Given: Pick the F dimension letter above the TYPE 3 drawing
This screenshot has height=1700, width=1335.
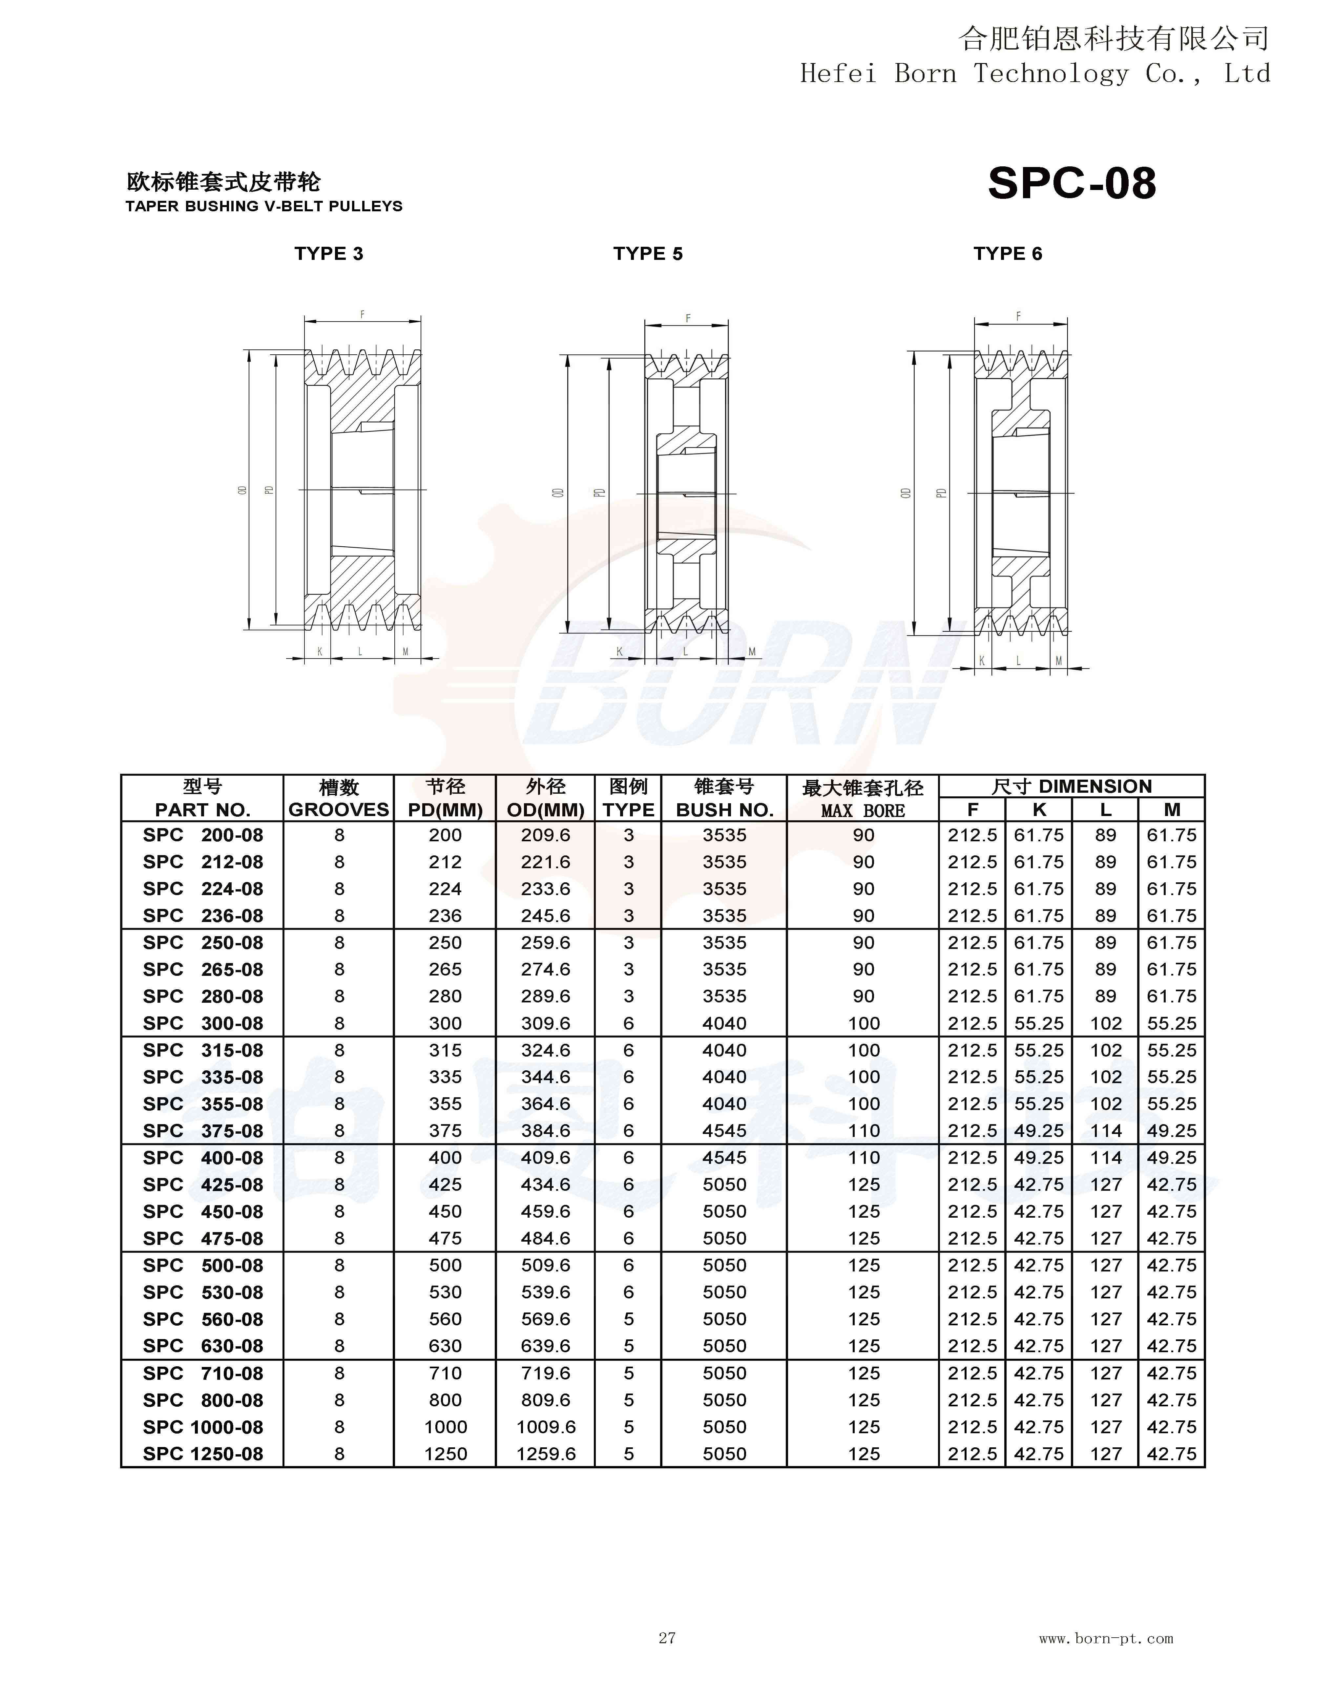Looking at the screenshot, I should point(362,314).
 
